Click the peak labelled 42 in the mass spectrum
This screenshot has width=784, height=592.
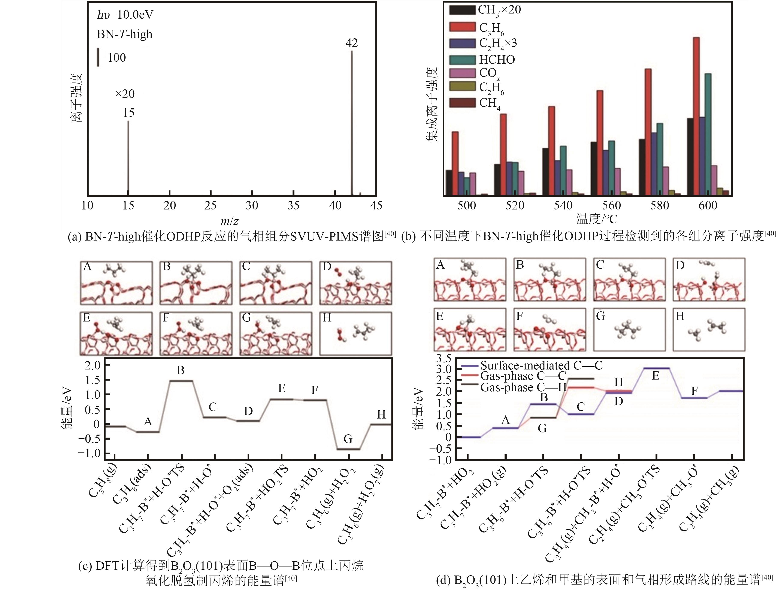pos(352,121)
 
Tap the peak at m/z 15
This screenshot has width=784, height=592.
pos(128,158)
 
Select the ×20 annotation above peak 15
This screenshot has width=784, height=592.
pos(125,94)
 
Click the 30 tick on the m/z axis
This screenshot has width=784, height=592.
pos(252,205)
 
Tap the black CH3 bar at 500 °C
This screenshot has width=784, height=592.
pos(449,182)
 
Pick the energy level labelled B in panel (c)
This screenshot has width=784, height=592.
pos(180,381)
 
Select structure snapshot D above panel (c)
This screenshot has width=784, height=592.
pos(355,283)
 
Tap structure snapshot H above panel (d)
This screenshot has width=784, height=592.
pos(709,332)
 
